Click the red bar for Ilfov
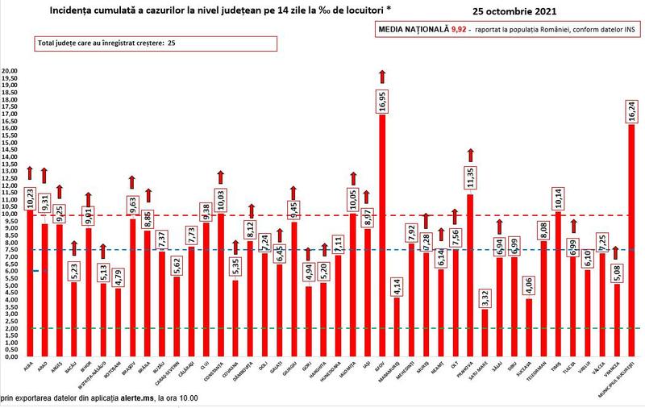tap(382, 242)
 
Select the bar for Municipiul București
tap(631, 242)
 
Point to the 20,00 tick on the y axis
tap(9, 71)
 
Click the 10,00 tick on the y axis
tap(9, 214)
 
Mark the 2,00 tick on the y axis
tap(9, 328)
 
